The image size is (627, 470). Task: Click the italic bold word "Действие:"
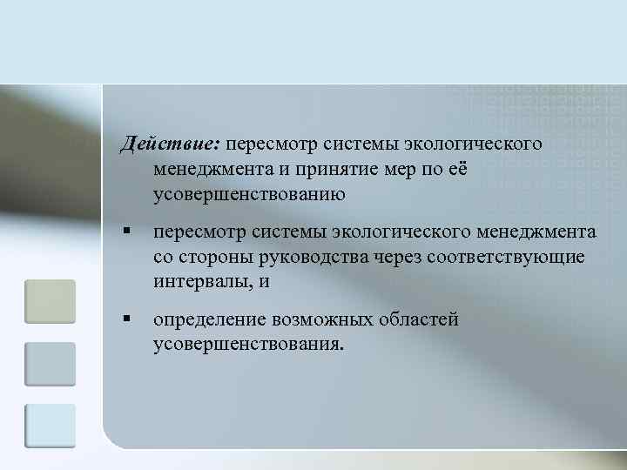pyautogui.click(x=171, y=142)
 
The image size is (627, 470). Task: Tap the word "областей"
pyautogui.click(x=417, y=319)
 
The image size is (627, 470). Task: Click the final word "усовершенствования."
pyautogui.click(x=249, y=345)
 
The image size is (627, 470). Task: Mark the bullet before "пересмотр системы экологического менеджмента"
pyautogui.click(x=126, y=232)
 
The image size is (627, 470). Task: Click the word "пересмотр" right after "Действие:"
pyautogui.click(x=273, y=142)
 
